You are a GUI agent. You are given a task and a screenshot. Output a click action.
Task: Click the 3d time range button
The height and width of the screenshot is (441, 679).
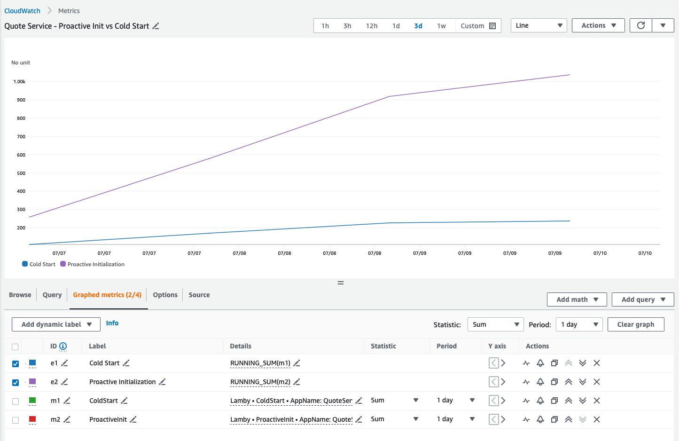click(x=418, y=26)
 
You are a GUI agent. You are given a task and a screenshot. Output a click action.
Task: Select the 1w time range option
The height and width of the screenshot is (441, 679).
click(x=441, y=26)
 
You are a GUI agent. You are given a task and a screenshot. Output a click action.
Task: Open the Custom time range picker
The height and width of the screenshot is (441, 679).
click(x=478, y=26)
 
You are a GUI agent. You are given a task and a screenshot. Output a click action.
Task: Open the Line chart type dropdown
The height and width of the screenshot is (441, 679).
click(x=539, y=25)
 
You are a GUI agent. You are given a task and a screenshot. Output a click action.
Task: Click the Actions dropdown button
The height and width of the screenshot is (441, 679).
click(x=598, y=25)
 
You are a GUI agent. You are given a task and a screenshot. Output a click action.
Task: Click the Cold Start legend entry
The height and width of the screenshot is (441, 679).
click(x=39, y=264)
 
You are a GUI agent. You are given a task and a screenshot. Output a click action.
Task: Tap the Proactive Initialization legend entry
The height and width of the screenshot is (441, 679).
click(x=93, y=264)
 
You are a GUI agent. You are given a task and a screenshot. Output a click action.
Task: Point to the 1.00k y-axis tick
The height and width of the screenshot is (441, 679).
click(x=19, y=82)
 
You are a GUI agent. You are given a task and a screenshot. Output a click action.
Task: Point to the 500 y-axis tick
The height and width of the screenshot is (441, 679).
click(x=21, y=173)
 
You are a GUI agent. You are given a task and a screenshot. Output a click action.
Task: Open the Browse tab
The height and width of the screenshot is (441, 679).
click(x=20, y=295)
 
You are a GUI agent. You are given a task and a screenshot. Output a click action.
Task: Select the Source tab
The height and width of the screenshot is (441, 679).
click(x=199, y=295)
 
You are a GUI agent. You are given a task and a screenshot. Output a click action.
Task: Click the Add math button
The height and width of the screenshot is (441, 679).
click(x=577, y=299)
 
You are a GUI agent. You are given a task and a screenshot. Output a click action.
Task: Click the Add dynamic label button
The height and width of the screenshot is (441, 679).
click(x=56, y=324)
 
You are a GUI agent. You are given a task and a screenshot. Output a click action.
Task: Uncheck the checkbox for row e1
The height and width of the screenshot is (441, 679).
click(x=16, y=363)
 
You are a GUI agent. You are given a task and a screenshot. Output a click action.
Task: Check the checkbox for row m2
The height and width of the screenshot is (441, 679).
click(x=16, y=420)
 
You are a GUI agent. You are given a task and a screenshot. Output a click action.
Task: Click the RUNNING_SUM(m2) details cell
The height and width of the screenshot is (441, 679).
click(x=260, y=382)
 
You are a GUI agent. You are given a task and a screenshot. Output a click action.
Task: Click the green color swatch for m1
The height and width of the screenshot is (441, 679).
click(x=32, y=401)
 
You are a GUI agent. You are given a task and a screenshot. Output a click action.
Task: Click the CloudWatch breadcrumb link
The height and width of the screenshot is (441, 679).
click(x=22, y=11)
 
